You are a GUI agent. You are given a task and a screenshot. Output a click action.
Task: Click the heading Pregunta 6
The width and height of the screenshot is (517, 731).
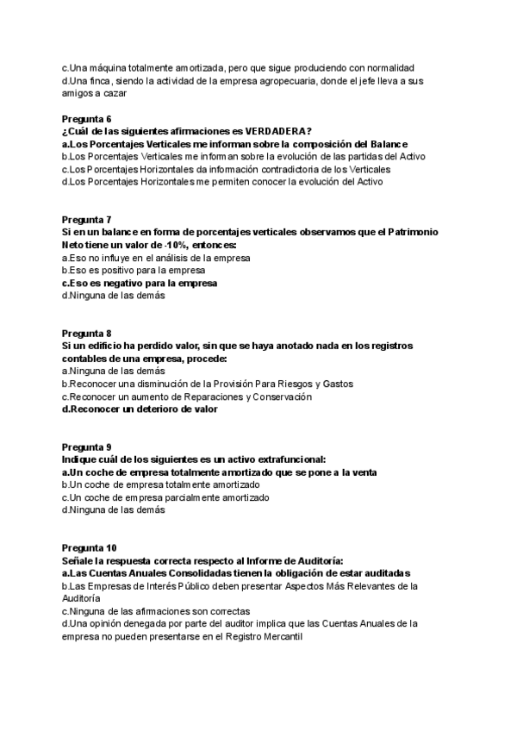point(87,117)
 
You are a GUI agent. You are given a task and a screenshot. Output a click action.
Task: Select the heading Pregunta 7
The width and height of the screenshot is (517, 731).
point(87,219)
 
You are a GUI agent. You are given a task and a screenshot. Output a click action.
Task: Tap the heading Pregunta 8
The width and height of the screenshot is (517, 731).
point(87,333)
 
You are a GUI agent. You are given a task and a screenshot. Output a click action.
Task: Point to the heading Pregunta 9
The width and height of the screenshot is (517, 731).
point(87,447)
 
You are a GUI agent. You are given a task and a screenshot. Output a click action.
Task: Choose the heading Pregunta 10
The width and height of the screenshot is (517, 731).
point(90,547)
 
